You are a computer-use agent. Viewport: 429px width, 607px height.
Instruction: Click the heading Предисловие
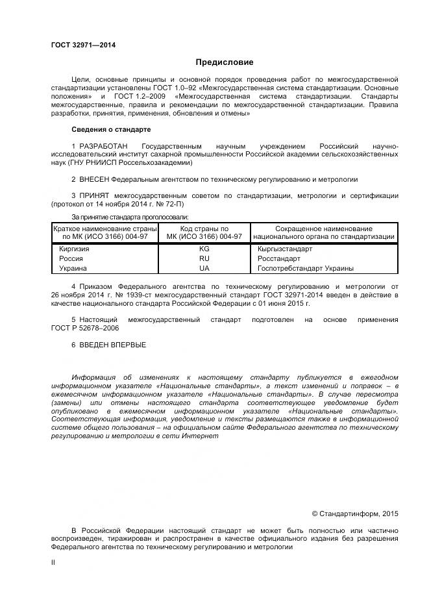(x=225, y=62)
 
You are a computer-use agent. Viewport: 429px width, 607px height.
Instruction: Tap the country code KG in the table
(x=204, y=249)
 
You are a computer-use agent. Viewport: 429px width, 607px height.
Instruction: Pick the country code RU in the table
(x=204, y=258)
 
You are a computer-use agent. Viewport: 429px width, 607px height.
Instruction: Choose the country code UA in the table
(x=204, y=268)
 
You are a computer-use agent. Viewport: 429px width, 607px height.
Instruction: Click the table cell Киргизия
(x=74, y=249)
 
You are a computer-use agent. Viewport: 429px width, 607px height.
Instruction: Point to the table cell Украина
(x=73, y=268)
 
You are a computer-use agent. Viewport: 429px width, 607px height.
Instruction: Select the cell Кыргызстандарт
(x=285, y=249)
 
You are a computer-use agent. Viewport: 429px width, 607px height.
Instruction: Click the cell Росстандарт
(x=280, y=258)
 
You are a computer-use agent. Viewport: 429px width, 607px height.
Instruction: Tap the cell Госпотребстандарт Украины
(x=306, y=268)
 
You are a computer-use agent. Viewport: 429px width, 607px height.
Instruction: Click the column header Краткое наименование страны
(x=105, y=229)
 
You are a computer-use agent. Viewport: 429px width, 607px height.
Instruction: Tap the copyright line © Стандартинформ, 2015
(x=354, y=514)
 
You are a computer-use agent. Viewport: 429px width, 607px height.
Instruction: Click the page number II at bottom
(x=53, y=562)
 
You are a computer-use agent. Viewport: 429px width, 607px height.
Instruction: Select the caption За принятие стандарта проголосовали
(x=130, y=216)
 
